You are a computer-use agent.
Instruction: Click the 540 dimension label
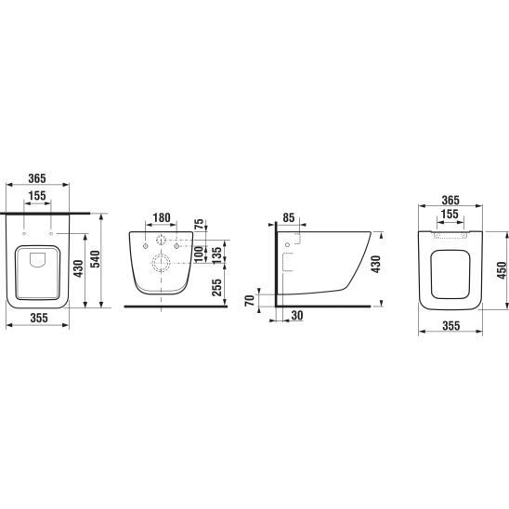tap(95, 259)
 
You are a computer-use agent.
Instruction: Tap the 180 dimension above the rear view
tap(162, 218)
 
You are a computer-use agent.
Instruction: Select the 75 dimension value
tap(200, 224)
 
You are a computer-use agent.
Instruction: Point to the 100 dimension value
tap(199, 254)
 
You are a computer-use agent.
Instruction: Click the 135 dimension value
tap(216, 254)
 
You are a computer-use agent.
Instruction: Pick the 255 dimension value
tap(216, 287)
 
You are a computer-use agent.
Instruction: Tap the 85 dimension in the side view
tap(288, 218)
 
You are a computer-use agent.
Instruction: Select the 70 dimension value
tap(250, 300)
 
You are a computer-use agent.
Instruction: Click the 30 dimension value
tap(297, 315)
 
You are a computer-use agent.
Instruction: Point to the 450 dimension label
tap(502, 270)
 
